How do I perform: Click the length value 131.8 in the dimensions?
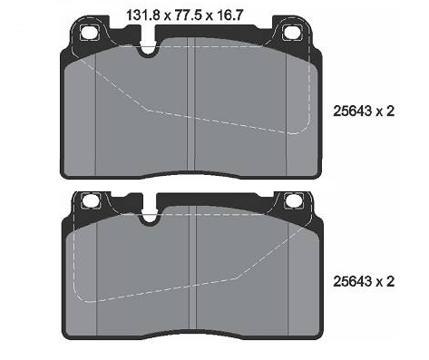(x=142, y=15)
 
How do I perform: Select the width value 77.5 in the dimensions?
(x=189, y=15)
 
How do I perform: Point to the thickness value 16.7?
(x=229, y=15)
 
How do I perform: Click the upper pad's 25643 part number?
(x=353, y=112)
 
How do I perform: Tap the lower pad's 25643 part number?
(x=353, y=281)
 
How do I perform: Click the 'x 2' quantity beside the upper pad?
(x=385, y=112)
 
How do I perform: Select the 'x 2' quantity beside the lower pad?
(x=385, y=281)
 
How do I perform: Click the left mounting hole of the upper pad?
(x=90, y=33)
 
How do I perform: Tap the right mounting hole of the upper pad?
(x=292, y=33)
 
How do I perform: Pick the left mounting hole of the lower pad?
(x=91, y=200)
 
